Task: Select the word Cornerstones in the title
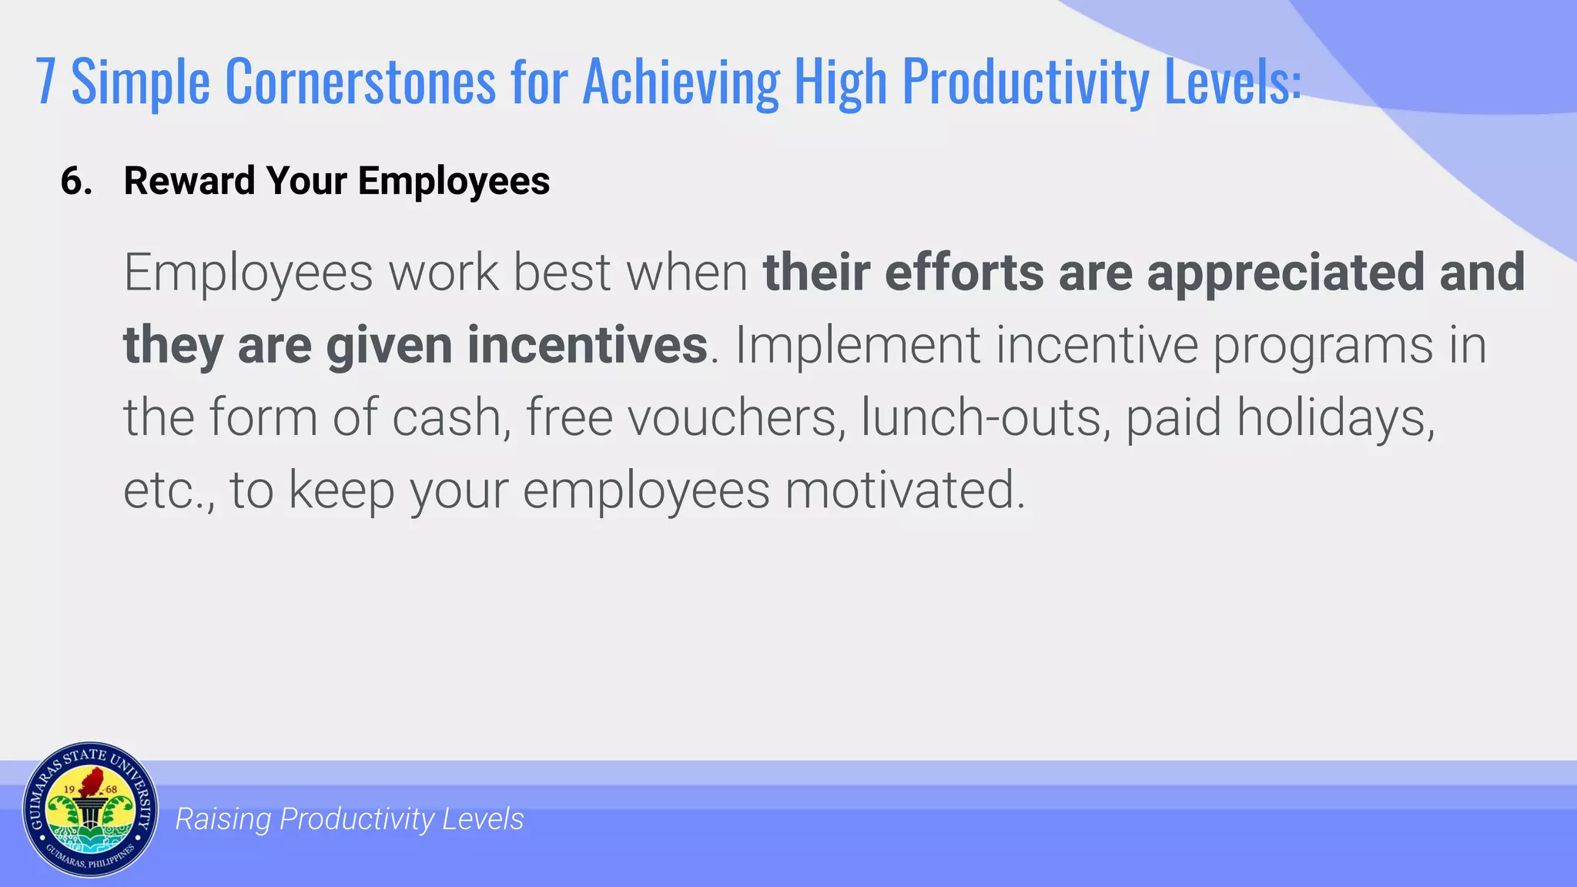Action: pos(360,82)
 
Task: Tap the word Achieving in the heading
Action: pos(681,82)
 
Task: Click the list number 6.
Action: pos(76,182)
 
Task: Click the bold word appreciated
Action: pos(1285,273)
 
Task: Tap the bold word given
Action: pos(389,346)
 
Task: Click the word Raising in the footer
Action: pos(223,819)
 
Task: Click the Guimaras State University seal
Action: pos(90,810)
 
